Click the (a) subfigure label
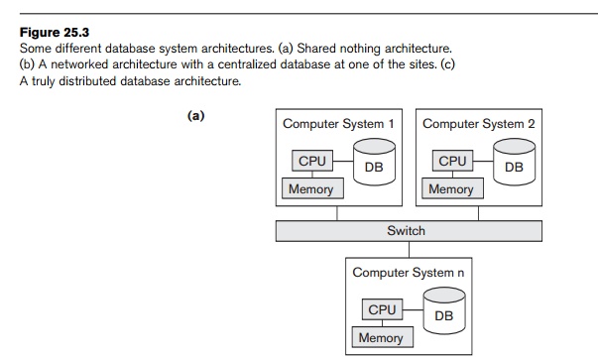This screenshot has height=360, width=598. click(x=196, y=115)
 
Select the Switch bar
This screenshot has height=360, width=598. click(x=407, y=230)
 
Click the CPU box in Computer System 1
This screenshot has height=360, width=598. click(x=312, y=161)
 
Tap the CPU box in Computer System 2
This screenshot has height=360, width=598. click(x=452, y=161)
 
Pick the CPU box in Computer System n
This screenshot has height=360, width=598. click(x=382, y=310)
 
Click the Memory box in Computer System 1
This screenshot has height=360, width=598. click(x=311, y=188)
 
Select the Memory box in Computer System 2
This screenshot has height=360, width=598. click(x=451, y=188)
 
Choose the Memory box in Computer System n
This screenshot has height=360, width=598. click(x=381, y=337)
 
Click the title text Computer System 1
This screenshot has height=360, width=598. click(x=338, y=124)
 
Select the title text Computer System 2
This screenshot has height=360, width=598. click(x=479, y=124)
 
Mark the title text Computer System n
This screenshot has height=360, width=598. click(x=409, y=272)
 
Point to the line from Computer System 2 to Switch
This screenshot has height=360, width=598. click(x=478, y=213)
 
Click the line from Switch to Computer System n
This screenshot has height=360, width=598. click(x=408, y=249)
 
